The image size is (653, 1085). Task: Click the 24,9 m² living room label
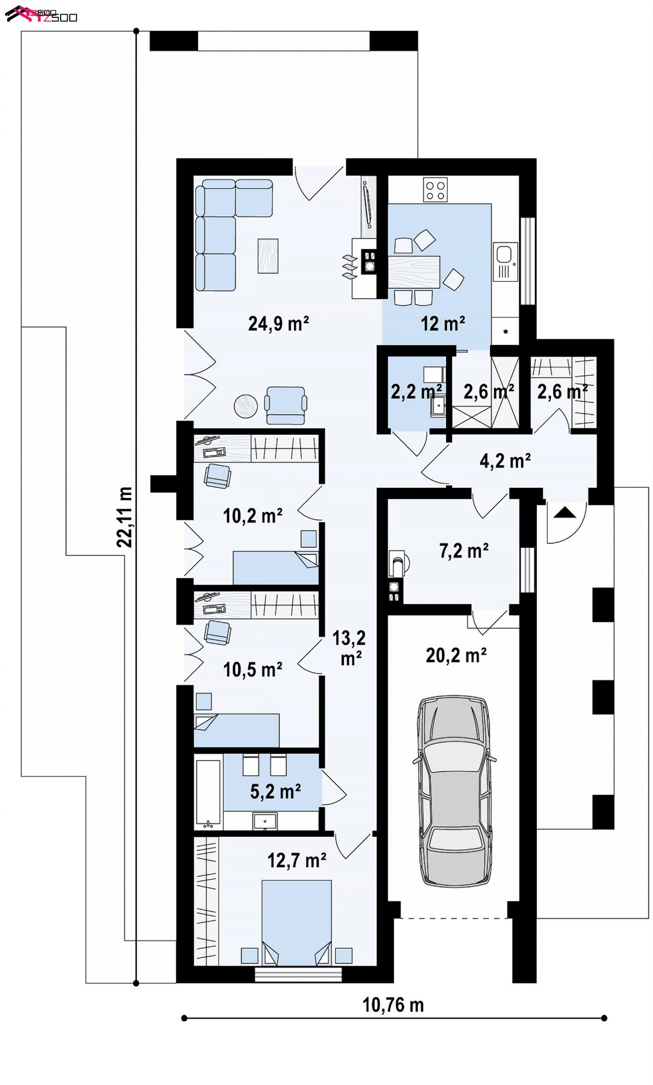(278, 324)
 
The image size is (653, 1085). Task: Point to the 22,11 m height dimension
(124, 517)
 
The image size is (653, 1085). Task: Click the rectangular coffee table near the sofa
(268, 256)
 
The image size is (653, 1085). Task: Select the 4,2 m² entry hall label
(505, 460)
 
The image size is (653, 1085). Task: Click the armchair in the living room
(286, 405)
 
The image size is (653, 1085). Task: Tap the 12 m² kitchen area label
(443, 324)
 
